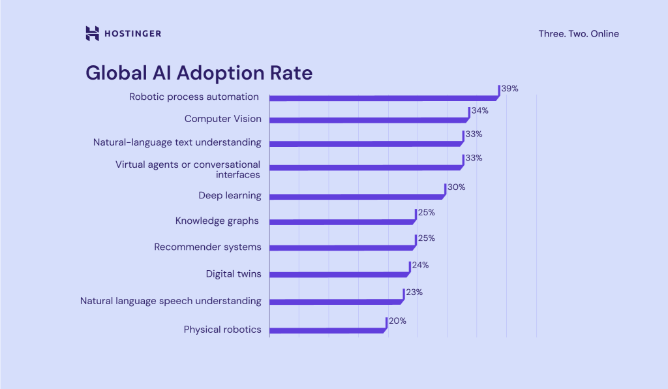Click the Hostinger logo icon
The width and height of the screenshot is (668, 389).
click(x=92, y=33)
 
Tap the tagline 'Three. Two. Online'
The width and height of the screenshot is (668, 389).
click(x=579, y=33)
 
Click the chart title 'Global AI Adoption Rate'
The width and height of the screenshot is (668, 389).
click(x=199, y=72)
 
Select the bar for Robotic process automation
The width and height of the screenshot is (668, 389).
click(x=383, y=99)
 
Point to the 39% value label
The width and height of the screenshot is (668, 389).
click(x=509, y=88)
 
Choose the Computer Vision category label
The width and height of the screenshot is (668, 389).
click(x=222, y=119)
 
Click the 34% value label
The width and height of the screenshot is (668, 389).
click(x=479, y=111)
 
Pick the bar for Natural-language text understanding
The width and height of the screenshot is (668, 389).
click(x=365, y=144)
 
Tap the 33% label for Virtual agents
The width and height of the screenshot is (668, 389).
click(x=474, y=158)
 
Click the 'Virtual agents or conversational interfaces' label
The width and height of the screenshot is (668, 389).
click(x=188, y=169)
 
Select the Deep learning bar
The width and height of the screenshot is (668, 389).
click(x=356, y=196)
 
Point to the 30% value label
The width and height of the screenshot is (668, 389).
click(x=456, y=187)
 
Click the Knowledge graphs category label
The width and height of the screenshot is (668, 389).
click(x=218, y=221)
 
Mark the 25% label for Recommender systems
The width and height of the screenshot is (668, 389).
click(x=426, y=238)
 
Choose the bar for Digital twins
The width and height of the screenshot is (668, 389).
click(x=339, y=275)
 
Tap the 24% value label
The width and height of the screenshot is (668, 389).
click(x=420, y=265)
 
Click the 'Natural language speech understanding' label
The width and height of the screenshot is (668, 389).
click(x=170, y=301)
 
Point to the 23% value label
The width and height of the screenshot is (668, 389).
click(x=414, y=292)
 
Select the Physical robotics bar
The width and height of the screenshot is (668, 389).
click(x=327, y=330)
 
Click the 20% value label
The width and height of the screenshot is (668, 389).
click(x=397, y=320)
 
